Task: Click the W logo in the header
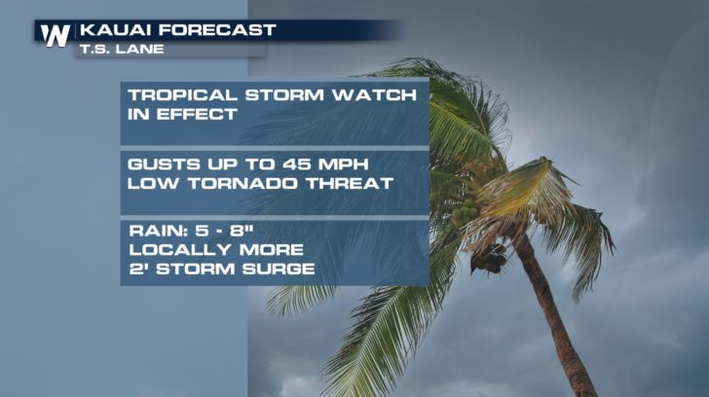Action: tap(56, 35)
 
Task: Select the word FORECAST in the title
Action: tap(217, 30)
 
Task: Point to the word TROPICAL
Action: tap(182, 95)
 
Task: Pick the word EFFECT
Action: tap(197, 114)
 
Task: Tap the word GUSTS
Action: tap(165, 163)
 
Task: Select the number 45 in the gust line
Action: tap(297, 163)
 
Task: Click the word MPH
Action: tap(343, 163)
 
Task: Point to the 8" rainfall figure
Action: tap(242, 231)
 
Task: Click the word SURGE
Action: tap(279, 269)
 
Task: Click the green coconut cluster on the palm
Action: tap(466, 212)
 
